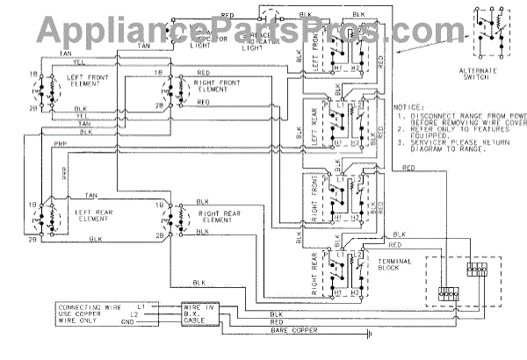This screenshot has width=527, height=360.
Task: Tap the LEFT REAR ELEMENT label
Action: point(90,213)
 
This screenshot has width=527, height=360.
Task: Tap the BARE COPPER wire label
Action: point(291,333)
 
